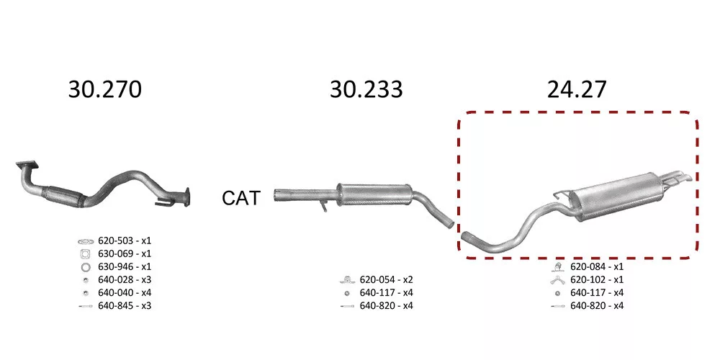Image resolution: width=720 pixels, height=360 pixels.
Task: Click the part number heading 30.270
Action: tap(104, 89)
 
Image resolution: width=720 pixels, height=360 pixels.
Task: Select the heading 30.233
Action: tap(366, 89)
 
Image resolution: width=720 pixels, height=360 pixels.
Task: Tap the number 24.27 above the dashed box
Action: tap(577, 89)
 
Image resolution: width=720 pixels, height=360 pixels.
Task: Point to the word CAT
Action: tap(241, 198)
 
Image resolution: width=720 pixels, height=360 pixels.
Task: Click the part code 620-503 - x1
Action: tap(125, 240)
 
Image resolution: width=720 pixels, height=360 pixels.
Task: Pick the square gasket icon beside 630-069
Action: tap(86, 253)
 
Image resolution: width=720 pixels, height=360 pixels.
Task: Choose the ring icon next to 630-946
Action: tap(86, 267)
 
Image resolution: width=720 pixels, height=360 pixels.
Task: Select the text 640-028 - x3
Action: tap(125, 279)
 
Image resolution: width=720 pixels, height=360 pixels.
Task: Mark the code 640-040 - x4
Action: tap(125, 292)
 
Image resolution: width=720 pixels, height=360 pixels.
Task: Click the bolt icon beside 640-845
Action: tap(86, 306)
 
